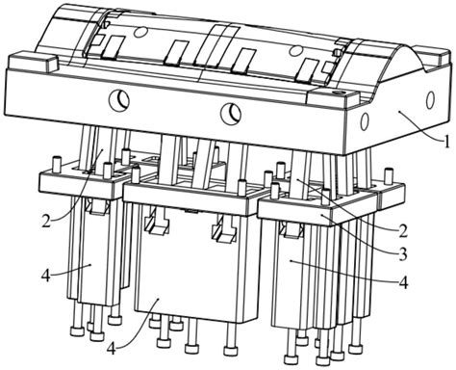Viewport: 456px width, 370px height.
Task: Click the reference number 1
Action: coord(447,142)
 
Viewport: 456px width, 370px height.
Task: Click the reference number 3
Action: coord(403,254)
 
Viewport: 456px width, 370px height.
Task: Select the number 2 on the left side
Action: coord(46,222)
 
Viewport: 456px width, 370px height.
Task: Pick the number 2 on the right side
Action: coord(403,231)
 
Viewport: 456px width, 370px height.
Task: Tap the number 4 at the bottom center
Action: coord(111,349)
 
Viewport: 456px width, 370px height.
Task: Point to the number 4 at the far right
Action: coord(404,283)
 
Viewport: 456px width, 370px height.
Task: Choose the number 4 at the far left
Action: coord(46,276)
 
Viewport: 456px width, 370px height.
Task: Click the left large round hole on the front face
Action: coord(119,100)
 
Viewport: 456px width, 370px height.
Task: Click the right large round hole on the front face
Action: coord(231,114)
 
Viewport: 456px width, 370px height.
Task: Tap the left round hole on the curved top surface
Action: coord(141,32)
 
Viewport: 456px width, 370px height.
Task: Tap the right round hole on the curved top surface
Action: coord(295,49)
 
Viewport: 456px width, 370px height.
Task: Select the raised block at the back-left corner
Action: coord(32,61)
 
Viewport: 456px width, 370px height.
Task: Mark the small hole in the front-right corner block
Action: coord(340,92)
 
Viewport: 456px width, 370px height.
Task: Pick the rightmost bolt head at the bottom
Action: coord(355,349)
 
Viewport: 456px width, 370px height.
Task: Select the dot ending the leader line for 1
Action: coord(400,111)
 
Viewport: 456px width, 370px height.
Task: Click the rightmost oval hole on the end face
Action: coord(431,99)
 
